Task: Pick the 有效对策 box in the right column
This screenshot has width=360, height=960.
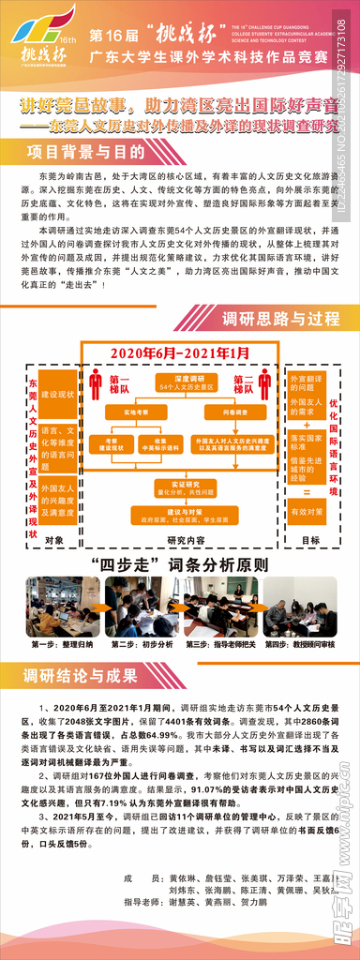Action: [x=308, y=511]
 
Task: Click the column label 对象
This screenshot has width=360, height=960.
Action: [x=53, y=539]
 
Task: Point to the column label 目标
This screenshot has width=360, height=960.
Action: [x=310, y=539]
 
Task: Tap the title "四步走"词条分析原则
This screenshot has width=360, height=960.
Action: [x=180, y=566]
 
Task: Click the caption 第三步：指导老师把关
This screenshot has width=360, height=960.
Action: [x=221, y=646]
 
